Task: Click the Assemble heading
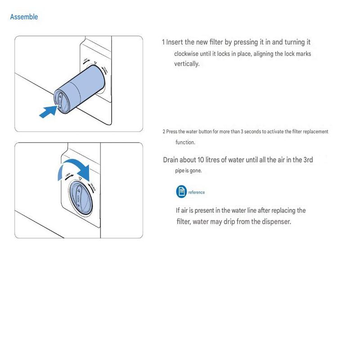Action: [x=24, y=17]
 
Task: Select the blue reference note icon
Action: [x=181, y=192]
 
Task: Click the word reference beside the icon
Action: [x=197, y=192]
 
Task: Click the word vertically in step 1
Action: [x=187, y=64]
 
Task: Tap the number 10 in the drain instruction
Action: [x=202, y=160]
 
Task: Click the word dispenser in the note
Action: [x=274, y=222]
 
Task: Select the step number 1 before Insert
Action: [x=163, y=42]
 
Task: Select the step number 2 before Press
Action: [x=164, y=132]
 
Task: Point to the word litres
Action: [x=217, y=160]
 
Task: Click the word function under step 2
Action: [x=185, y=143]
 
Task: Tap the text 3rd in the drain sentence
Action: [x=308, y=160]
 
